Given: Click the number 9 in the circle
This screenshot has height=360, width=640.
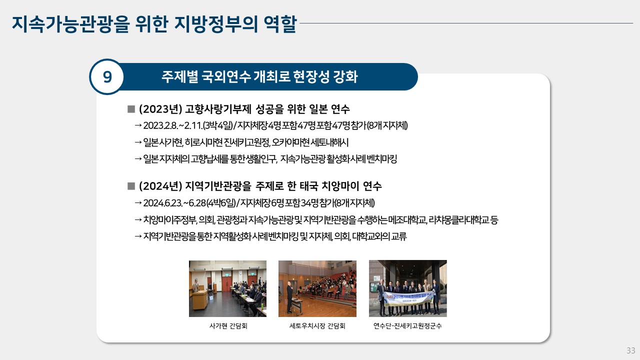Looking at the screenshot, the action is pyautogui.click(x=107, y=77).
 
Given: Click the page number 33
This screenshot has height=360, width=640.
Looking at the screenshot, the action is pyautogui.click(x=631, y=350).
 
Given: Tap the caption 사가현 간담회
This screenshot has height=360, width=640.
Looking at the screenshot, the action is pyautogui.click(x=228, y=326).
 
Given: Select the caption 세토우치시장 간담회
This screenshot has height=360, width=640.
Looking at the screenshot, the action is pyautogui.click(x=317, y=326).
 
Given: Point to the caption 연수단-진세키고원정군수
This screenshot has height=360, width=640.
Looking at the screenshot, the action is pyautogui.click(x=407, y=326).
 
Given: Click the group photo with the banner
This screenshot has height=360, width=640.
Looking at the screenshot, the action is pyautogui.click(x=407, y=288).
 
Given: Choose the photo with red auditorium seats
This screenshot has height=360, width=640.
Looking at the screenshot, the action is pyautogui.click(x=317, y=288).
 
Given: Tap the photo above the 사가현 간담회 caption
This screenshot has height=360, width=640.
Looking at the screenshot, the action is pyautogui.click(x=227, y=288).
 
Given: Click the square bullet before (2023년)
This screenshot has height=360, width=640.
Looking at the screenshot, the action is pyautogui.click(x=131, y=109).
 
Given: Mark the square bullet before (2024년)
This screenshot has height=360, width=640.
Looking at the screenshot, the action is pyautogui.click(x=131, y=186).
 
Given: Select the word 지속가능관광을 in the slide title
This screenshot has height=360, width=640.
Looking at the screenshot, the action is pyautogui.click(x=71, y=23).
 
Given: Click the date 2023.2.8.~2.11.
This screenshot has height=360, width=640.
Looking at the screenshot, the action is pyautogui.click(x=172, y=125).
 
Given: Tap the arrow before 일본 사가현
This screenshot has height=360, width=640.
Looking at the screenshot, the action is pyautogui.click(x=138, y=142).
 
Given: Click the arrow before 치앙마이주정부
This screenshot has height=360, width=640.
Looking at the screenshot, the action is pyautogui.click(x=138, y=219).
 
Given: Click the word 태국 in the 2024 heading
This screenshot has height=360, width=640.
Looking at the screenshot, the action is pyautogui.click(x=309, y=186).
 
